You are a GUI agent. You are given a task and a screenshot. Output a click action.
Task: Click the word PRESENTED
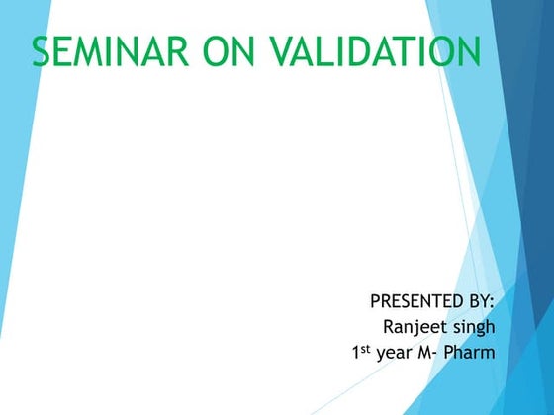point(415,300)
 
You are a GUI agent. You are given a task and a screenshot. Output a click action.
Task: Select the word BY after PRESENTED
point(477,300)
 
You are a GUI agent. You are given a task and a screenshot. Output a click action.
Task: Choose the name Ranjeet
point(415,327)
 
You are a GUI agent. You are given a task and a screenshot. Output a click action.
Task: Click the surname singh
point(472,327)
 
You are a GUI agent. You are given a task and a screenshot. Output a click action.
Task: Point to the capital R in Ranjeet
point(388,326)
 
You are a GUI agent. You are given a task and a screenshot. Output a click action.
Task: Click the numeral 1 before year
point(356,353)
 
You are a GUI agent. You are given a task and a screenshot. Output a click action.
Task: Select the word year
point(395,354)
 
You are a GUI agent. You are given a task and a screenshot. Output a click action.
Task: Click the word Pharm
point(472,353)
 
